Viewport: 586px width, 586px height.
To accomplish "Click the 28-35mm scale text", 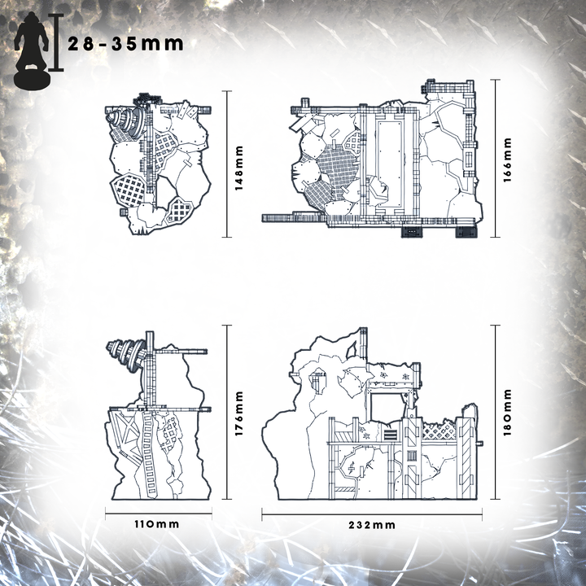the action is (x=125, y=44).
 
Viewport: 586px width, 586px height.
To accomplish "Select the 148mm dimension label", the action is (x=238, y=168).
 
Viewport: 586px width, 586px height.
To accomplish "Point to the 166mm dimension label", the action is (x=507, y=160).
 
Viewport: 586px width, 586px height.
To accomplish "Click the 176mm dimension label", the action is (x=238, y=413).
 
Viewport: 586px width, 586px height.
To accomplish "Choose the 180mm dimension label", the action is (x=507, y=412).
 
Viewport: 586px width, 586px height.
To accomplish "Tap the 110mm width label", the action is (x=157, y=524).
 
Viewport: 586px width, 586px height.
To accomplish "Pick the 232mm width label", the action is (x=372, y=525).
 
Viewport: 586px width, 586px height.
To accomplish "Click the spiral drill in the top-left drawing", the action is (x=126, y=124).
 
